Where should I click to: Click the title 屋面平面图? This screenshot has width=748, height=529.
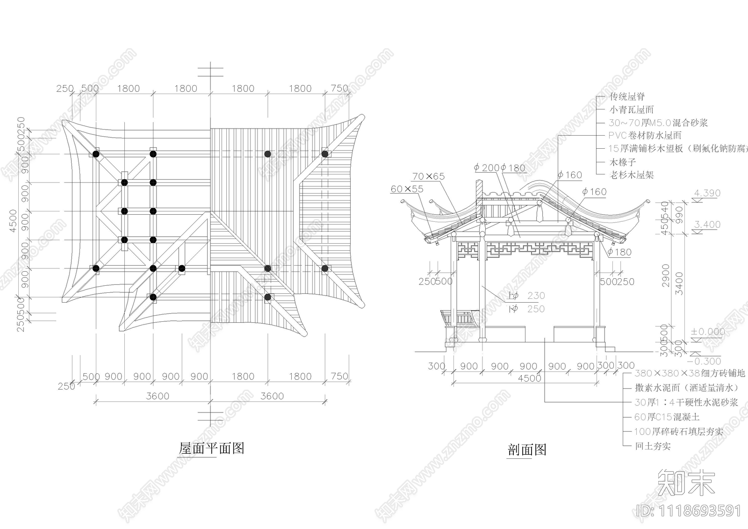pos(212,449)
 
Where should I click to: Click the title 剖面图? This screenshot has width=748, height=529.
pos(527,450)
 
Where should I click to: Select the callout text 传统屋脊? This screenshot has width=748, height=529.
pos(627,97)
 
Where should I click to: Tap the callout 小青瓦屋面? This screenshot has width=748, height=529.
pos(631,110)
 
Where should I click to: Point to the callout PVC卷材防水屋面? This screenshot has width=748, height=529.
pos(645,136)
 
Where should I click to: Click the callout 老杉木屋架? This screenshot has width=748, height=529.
pos(631,175)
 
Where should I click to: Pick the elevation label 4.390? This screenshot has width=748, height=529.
pos(707,193)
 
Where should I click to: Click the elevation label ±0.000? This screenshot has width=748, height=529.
pos(708,332)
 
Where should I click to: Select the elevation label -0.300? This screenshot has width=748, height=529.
pos(706,361)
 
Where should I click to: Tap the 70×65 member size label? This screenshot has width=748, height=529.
pos(428,176)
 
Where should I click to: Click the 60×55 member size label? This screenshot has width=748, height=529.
pos(407,189)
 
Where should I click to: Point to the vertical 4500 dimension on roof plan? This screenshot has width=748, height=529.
pos(14,220)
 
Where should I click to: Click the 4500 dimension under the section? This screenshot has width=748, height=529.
pos(529,378)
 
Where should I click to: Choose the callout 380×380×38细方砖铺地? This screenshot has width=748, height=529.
pos(690,373)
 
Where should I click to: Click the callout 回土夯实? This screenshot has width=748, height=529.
pos(653,446)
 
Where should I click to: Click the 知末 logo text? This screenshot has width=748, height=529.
pos(686,482)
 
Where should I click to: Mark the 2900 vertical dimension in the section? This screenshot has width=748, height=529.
pos(666,276)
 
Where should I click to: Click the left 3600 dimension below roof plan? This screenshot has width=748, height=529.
pos(158,396)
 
